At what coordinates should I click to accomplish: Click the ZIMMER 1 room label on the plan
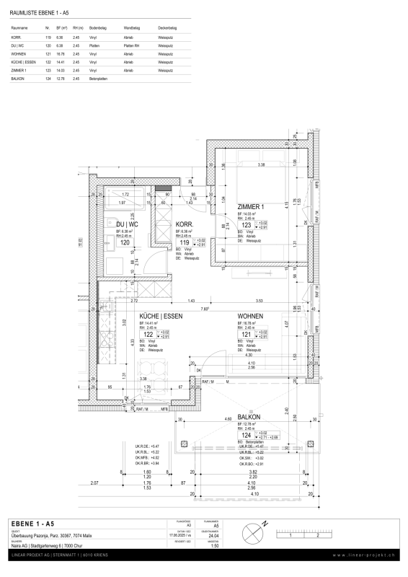click(x=254, y=206)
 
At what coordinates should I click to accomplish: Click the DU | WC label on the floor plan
click(x=128, y=225)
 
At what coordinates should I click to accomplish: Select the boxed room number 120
click(x=123, y=244)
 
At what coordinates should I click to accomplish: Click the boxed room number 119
click(x=185, y=243)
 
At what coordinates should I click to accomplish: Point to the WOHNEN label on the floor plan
click(x=251, y=317)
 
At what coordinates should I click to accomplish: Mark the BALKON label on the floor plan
click(x=249, y=417)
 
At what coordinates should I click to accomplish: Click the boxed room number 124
click(x=246, y=436)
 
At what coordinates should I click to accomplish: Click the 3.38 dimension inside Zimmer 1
click(x=262, y=165)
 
